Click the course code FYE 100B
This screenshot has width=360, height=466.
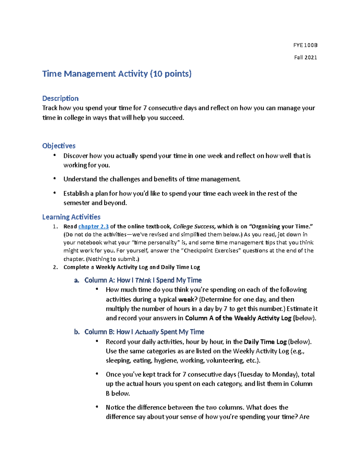(305, 45)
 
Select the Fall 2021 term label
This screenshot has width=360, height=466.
(305, 58)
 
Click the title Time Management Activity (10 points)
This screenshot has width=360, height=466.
(117, 74)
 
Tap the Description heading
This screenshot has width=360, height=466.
(60, 98)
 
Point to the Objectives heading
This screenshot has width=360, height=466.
(59, 146)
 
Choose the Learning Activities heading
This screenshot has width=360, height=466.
(71, 217)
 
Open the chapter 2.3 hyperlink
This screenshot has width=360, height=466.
(93, 227)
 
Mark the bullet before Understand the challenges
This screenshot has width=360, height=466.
(55, 179)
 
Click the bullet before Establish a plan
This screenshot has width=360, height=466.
(55, 193)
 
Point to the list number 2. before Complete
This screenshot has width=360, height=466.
(55, 267)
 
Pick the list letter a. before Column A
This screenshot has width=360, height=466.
(76, 280)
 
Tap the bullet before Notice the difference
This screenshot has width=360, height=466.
(97, 407)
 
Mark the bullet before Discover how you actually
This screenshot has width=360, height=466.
(55, 155)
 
